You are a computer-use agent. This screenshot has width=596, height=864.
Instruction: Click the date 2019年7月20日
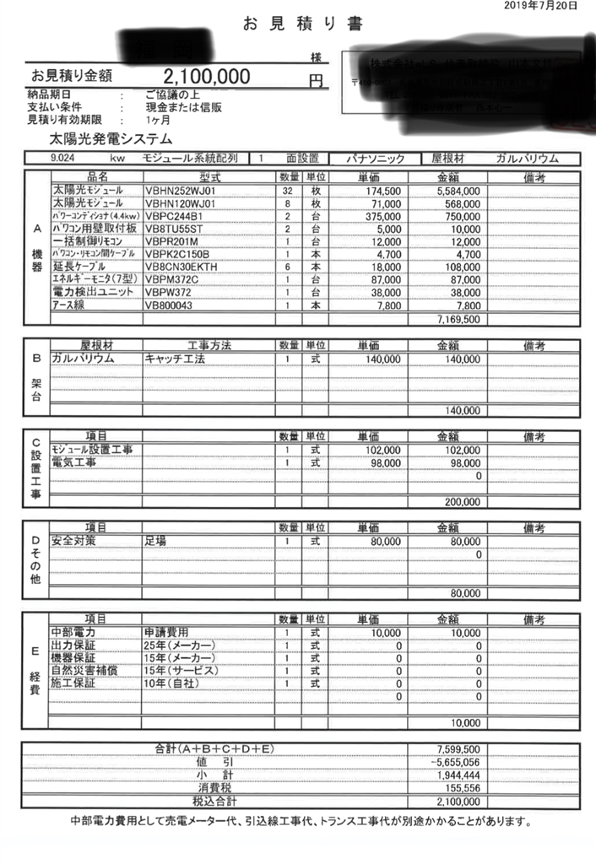pos(541,6)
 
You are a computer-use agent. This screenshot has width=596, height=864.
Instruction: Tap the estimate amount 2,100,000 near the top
pos(208,77)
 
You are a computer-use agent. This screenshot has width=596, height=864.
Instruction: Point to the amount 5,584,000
pos(458,192)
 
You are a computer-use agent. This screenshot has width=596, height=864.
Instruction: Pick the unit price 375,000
pos(380,216)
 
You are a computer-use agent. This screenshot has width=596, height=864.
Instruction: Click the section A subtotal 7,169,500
pos(459,320)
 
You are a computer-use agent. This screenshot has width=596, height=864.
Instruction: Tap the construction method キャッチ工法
pos(175,359)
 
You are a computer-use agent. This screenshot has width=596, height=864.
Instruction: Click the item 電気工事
pos(73,463)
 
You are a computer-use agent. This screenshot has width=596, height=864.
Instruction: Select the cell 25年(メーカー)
pos(180,645)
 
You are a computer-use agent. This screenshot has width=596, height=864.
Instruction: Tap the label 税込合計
pos(215,799)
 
